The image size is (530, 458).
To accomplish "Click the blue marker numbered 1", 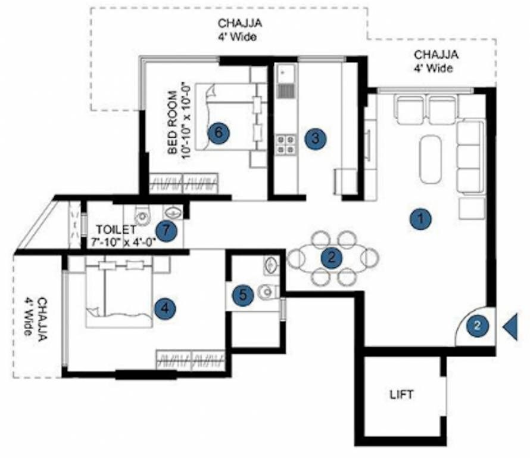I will pyautogui.click(x=422, y=219).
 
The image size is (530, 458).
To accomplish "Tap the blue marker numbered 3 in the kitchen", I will pyautogui.click(x=316, y=138).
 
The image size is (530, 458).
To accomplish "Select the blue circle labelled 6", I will pyautogui.click(x=219, y=133).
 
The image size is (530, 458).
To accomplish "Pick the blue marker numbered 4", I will pyautogui.click(x=165, y=308).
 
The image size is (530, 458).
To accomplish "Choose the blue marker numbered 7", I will pyautogui.click(x=167, y=231).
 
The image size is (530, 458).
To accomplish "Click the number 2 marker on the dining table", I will pyautogui.click(x=332, y=258).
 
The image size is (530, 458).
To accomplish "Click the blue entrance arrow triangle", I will pyautogui.click(x=510, y=327).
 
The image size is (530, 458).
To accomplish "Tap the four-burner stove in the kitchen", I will pyautogui.click(x=285, y=145).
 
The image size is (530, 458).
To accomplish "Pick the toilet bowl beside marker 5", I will pyautogui.click(x=267, y=292).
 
